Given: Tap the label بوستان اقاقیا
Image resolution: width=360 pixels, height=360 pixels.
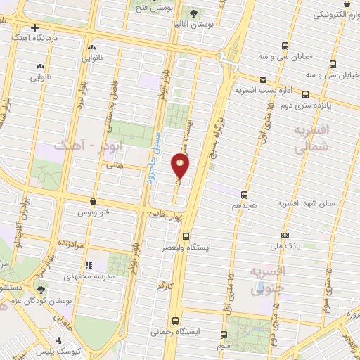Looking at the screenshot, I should coord(196,25).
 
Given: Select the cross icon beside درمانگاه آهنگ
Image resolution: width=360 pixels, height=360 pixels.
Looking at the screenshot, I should coord(34,27).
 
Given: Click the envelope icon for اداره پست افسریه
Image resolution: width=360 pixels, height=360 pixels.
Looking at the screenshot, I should coord(263,80).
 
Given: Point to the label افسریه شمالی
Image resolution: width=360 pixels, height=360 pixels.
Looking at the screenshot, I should coord(310,140).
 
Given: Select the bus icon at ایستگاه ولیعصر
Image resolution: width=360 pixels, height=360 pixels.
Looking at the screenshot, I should coord(186,236).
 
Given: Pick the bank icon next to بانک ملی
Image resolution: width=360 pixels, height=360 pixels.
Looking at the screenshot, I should coord(285,235).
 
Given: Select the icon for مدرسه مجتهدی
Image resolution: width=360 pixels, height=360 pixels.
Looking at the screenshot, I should coord(89,265).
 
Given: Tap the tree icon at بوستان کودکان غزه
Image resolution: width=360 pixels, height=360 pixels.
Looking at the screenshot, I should coord(40,289).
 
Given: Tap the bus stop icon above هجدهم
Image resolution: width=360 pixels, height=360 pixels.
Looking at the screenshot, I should coord(244,194).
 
